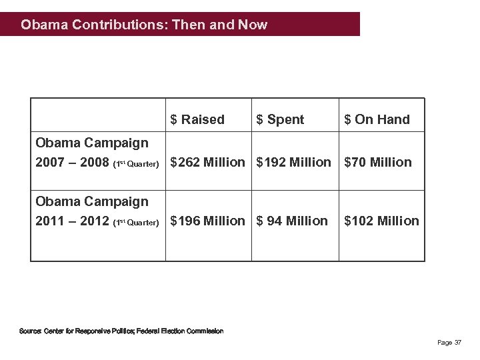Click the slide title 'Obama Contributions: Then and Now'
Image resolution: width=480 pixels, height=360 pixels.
click(144, 25)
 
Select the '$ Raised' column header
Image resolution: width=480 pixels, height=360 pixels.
click(197, 120)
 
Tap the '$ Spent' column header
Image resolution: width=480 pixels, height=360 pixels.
click(280, 120)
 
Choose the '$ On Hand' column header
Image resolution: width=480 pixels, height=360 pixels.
click(377, 120)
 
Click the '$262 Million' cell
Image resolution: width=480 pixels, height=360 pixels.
click(207, 162)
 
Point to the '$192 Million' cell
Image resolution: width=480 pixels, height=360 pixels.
click(294, 162)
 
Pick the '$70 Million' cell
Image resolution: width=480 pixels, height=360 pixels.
click(378, 162)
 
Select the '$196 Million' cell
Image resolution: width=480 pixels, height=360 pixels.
click(207, 221)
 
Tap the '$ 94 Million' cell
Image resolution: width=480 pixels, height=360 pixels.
click(293, 221)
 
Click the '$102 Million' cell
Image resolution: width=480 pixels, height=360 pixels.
click(381, 221)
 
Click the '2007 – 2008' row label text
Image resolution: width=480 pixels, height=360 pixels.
click(71, 162)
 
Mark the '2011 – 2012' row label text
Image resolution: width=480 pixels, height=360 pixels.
click(71, 221)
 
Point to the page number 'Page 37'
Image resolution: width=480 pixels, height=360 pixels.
click(449, 343)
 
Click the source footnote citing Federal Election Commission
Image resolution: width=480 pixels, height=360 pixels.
click(121, 331)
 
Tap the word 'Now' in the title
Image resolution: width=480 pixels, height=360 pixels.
click(253, 25)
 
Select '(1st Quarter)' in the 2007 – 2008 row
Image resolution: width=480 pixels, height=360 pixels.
click(136, 163)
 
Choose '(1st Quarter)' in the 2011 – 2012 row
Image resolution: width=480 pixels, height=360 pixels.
click(136, 222)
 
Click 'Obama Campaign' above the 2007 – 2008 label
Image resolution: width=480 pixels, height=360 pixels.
click(92, 143)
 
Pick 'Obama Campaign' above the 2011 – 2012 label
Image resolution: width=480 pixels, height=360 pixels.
click(92, 201)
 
